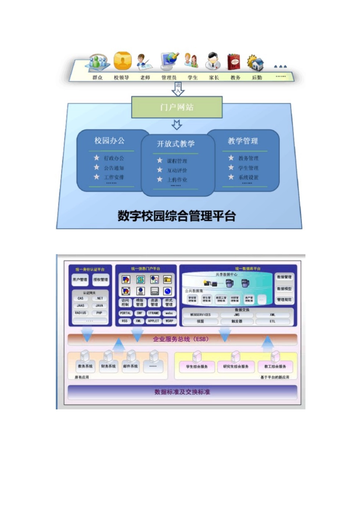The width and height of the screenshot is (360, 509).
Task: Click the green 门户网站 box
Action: pos(177,107)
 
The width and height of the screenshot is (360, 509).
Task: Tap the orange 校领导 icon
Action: pos(122,61)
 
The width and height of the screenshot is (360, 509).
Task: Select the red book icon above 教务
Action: pos(233,62)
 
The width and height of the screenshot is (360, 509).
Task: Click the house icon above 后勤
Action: pos(257,63)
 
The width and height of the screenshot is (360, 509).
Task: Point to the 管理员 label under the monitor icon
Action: pos(169,78)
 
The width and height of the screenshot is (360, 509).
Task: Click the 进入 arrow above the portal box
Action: pos(178,89)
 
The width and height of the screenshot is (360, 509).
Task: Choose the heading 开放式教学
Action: pos(176,144)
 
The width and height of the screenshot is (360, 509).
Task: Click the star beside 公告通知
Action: pos(97,167)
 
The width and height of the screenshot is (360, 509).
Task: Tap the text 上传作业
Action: pos(177,180)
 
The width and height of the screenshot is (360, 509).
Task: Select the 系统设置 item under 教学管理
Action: pos(249,177)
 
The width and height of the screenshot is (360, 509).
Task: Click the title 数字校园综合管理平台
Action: pos(177,216)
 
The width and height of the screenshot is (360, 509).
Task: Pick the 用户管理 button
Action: pos(80,279)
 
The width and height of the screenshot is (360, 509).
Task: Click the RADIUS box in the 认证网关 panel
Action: pos(81,313)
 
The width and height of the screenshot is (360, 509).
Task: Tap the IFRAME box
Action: pos(154,313)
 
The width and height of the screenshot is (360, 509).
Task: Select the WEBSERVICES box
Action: pos(200,315)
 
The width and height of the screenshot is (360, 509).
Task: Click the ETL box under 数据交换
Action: pos(272,322)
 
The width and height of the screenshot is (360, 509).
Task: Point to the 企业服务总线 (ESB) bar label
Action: pos(181,339)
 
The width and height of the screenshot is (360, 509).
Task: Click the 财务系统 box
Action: pos(108,367)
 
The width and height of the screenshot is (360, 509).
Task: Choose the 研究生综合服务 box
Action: pos(236,367)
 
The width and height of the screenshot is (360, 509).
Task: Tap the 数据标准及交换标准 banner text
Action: pos(182,392)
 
